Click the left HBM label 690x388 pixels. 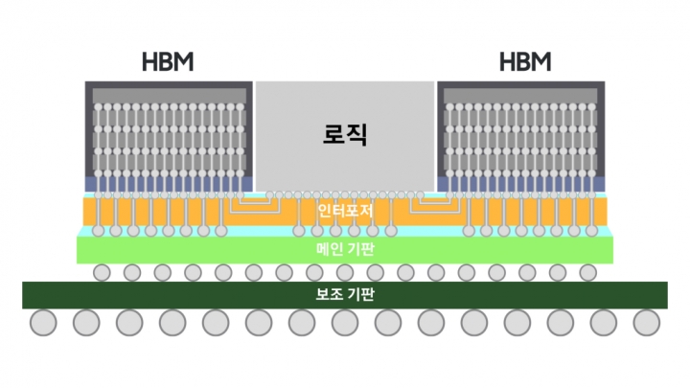(x=168, y=61)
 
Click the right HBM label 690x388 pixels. (x=525, y=61)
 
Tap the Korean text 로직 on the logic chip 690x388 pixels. (x=345, y=134)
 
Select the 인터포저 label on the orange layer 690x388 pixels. (x=345, y=211)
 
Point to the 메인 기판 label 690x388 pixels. (x=345, y=249)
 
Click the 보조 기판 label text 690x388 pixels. (x=345, y=294)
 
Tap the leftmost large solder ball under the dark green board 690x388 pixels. (x=43, y=323)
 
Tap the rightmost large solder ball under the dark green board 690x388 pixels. (x=647, y=323)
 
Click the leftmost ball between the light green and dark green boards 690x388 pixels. (x=102, y=273)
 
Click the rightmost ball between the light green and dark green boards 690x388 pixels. (x=587, y=273)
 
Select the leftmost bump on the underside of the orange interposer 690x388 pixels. (x=98, y=231)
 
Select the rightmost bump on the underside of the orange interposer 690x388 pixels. (x=592, y=231)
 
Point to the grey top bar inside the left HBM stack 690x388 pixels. (x=169, y=96)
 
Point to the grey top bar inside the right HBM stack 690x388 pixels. (x=520, y=96)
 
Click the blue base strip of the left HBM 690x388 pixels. (x=169, y=184)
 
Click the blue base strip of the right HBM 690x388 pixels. (x=521, y=184)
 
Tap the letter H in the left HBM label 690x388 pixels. (x=149, y=61)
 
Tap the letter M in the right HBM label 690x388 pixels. (x=540, y=61)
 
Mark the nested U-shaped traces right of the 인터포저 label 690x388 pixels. (x=435, y=204)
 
